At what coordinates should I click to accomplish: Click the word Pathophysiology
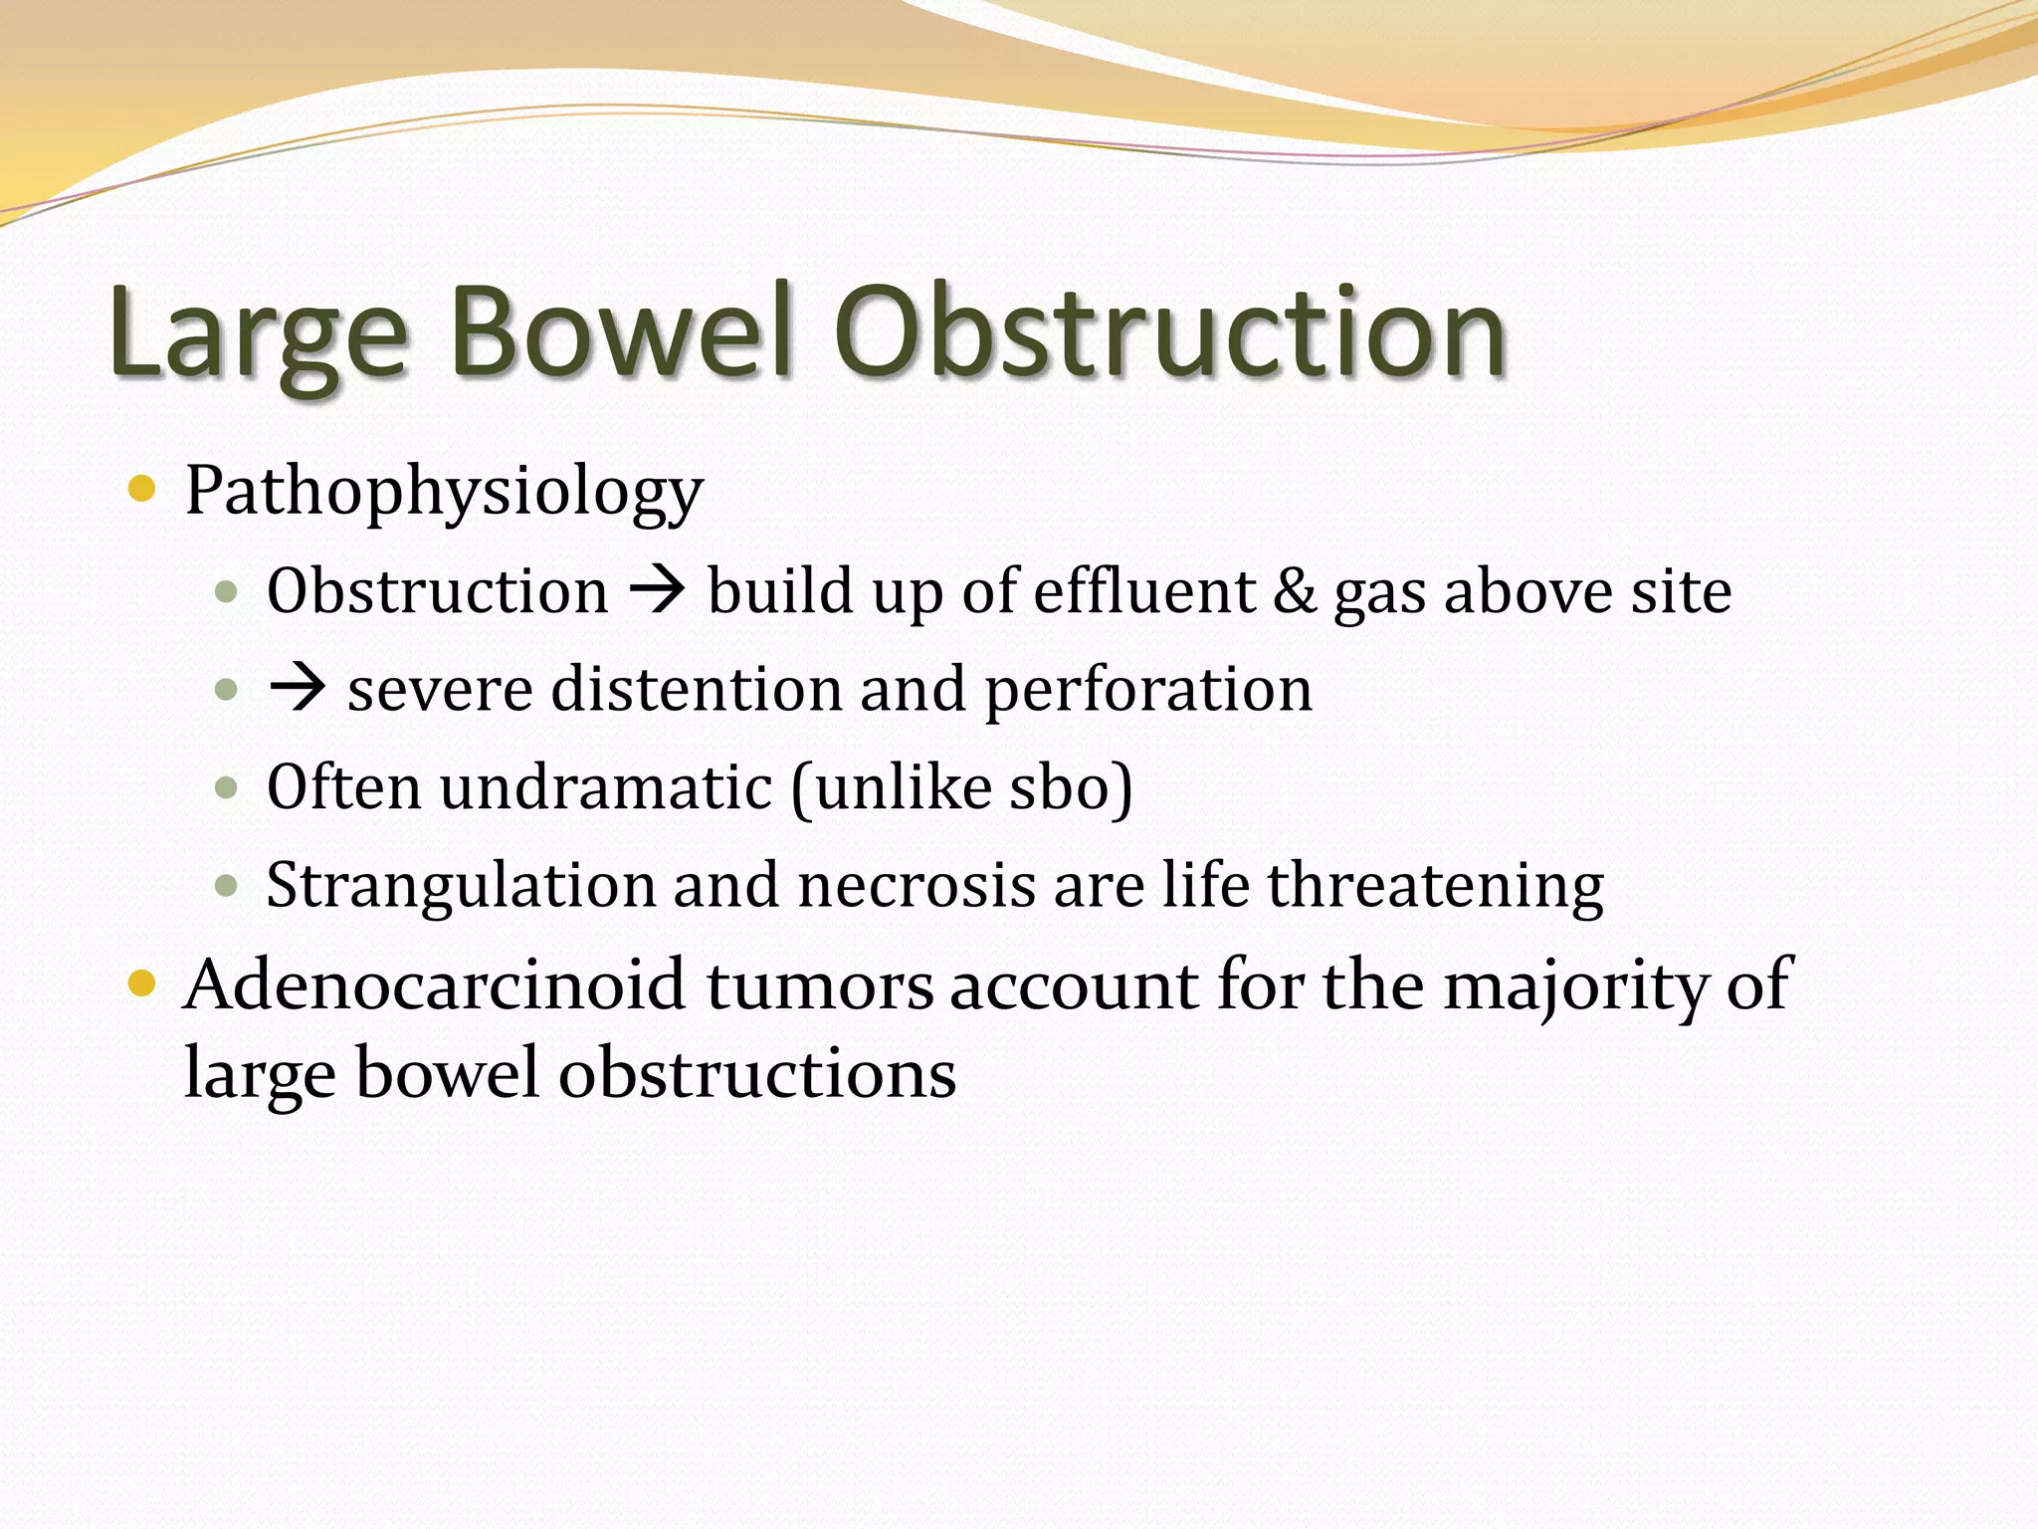444,493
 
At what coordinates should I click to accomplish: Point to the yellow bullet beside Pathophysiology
143,489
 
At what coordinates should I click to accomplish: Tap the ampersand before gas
1294,590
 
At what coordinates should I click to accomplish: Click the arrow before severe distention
297,688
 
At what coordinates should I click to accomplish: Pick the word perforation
1148,690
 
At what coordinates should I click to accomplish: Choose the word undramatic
605,787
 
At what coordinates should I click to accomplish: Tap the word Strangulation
461,886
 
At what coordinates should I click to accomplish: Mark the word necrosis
916,885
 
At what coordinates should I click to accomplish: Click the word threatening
1435,886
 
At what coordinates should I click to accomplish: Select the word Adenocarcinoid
434,984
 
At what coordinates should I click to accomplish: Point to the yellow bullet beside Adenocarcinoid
143,984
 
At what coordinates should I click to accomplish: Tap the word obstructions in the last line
756,1074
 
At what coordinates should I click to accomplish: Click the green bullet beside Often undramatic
227,788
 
